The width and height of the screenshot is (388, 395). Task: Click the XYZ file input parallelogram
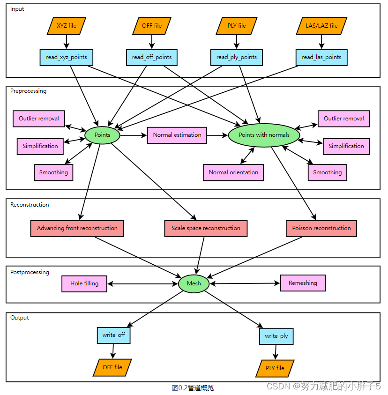click(67, 26)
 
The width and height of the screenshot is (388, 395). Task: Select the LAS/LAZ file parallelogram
click(322, 26)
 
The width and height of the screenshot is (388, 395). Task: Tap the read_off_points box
click(152, 58)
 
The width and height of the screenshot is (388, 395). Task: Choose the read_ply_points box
click(237, 58)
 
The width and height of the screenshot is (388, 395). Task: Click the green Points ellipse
click(102, 135)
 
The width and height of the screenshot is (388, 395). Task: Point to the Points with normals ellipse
click(264, 135)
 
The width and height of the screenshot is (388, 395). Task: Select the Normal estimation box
click(177, 135)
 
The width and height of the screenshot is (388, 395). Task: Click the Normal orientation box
click(233, 172)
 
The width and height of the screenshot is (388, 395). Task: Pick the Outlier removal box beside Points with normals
click(344, 119)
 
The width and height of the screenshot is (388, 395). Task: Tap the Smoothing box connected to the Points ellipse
click(54, 172)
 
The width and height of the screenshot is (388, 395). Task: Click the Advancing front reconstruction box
click(77, 229)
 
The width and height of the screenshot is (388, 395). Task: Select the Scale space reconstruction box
click(206, 229)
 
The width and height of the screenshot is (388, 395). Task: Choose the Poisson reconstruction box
click(321, 229)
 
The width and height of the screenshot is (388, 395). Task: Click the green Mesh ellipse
click(194, 283)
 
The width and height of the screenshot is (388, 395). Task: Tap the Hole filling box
click(84, 284)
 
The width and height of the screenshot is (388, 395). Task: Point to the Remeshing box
click(303, 283)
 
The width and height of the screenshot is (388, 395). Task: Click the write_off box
click(113, 335)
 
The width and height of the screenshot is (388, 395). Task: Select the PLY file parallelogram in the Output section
click(275, 369)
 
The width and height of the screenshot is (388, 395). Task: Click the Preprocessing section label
click(29, 91)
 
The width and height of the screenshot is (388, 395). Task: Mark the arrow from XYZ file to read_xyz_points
click(67, 42)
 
